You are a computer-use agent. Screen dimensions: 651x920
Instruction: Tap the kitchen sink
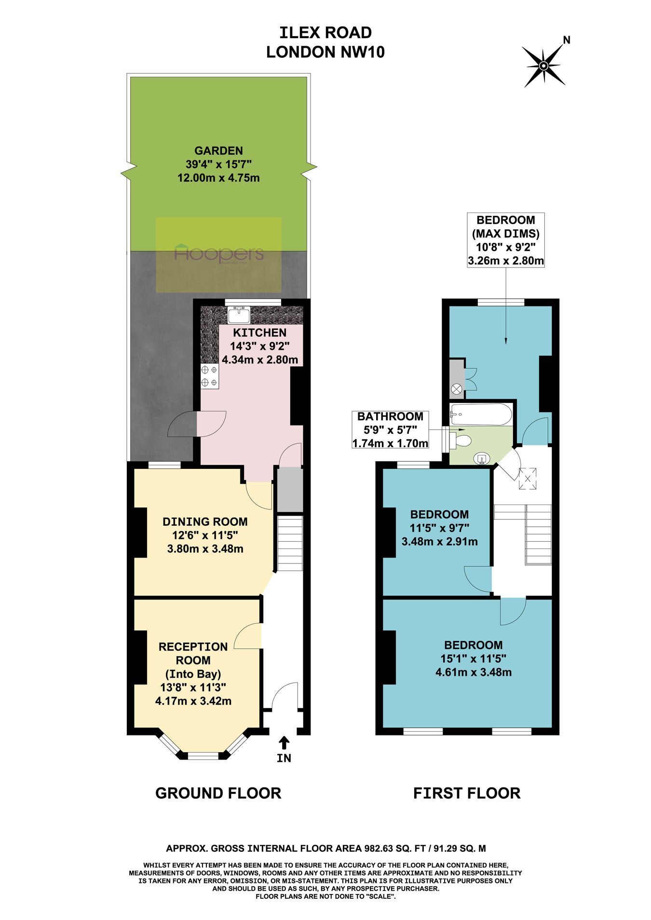pos(238,316)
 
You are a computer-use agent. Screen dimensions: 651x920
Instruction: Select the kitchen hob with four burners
pos(209,376)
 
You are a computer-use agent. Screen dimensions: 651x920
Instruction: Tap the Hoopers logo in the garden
pos(218,254)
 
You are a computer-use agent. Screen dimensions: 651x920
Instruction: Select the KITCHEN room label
pos(260,333)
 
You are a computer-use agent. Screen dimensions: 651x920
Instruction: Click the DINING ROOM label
pos(205,521)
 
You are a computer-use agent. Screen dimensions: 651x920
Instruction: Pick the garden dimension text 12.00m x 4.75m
pos(218,178)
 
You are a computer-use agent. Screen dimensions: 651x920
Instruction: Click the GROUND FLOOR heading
pos(218,793)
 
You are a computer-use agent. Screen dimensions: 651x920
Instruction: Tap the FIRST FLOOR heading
pos(467,793)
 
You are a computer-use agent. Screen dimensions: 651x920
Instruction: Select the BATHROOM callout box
pos(391,429)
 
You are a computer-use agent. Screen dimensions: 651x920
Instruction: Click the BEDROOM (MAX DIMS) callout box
pos(506,240)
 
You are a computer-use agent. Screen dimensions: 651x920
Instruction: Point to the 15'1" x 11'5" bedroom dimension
pos(474,658)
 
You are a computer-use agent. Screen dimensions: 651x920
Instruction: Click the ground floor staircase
pos(289,543)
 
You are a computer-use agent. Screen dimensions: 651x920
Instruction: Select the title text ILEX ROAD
pos(325,33)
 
